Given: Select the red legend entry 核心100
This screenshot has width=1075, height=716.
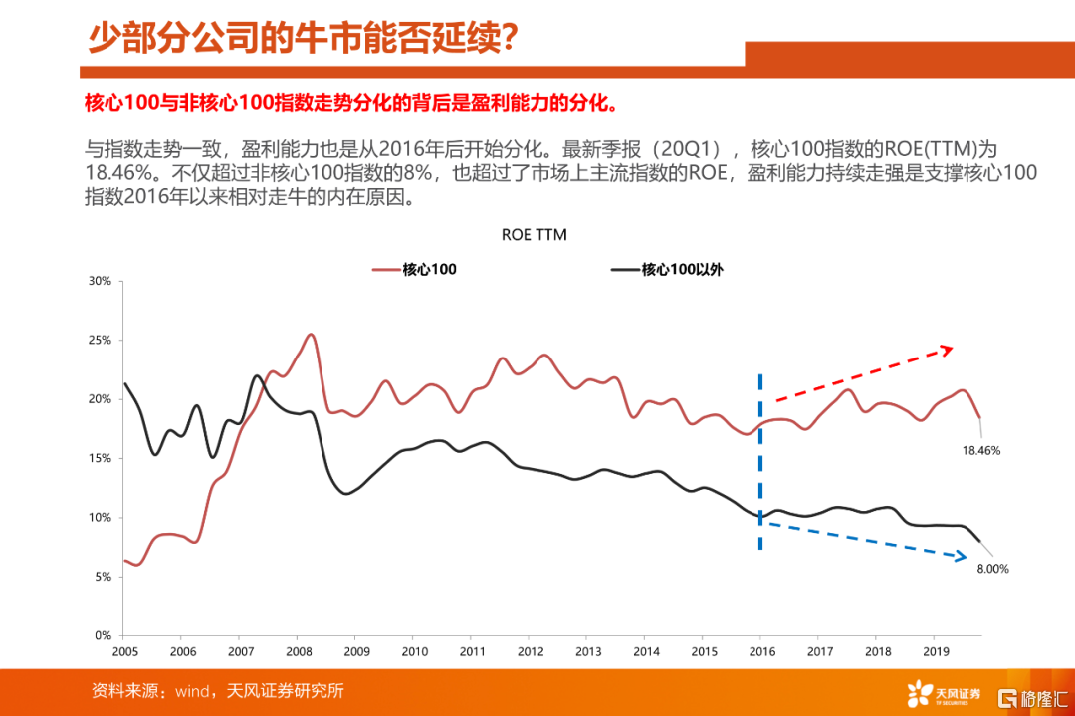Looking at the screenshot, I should coord(414,269).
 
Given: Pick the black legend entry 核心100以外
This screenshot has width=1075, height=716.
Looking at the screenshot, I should coord(666,269).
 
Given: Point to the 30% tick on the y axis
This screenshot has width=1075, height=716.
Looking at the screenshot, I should coord(100,281).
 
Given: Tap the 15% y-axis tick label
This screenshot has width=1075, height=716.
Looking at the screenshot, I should coord(100,458).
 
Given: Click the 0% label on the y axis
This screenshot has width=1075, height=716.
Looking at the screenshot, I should coord(103,635).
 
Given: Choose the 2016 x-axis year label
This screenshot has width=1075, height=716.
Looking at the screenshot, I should coord(760,651).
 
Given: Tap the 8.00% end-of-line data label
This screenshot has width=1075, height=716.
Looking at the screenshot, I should coord(992,569).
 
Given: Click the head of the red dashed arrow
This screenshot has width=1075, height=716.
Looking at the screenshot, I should coord(949,348).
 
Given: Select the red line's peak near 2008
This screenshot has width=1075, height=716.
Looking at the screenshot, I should coord(311,335).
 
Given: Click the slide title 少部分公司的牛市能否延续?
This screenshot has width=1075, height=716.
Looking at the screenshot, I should coord(302,39).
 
